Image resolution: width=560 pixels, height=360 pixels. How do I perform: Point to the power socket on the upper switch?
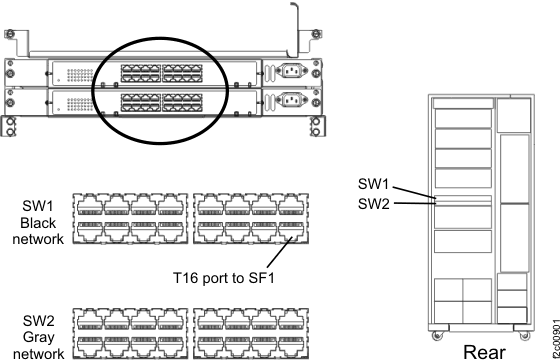tap(291, 71)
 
